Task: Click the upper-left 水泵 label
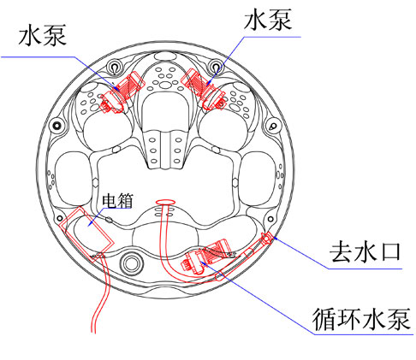tap(43, 35)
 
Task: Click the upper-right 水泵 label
tap(268, 19)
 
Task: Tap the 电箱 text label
tap(118, 200)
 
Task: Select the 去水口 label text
tap(365, 251)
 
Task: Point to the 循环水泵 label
tap(361, 319)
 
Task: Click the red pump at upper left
tap(122, 92)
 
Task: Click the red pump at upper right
tap(204, 89)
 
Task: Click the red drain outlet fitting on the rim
tap(267, 238)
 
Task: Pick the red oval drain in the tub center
tap(165, 202)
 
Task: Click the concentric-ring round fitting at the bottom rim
tap(131, 262)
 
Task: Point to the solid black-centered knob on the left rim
tap(57, 125)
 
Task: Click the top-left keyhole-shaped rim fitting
tap(115, 68)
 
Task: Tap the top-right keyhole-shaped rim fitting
tap(217, 67)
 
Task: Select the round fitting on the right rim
tap(273, 126)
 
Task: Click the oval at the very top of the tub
tap(165, 56)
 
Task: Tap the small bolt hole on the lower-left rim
tap(59, 219)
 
